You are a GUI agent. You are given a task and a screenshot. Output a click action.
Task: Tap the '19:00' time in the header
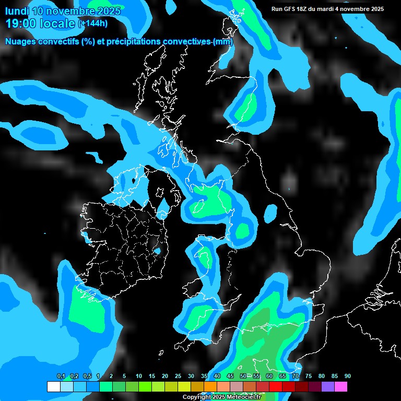19,23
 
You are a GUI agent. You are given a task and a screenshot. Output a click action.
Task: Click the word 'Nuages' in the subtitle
22,42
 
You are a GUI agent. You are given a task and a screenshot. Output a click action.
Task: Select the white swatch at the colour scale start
53,387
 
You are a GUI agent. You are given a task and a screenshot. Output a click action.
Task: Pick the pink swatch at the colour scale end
341,387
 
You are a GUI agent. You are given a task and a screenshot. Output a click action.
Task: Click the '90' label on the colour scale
348,376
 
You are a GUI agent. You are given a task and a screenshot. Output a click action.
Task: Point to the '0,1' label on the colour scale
61,376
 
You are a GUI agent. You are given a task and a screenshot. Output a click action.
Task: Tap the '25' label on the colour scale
178,376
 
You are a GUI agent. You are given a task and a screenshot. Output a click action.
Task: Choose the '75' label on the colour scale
309,376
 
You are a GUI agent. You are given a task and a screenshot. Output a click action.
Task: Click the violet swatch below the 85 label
328,387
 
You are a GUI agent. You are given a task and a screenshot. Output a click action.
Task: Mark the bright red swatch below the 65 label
276,387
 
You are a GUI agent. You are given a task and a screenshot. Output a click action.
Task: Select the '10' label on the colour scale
139,376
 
